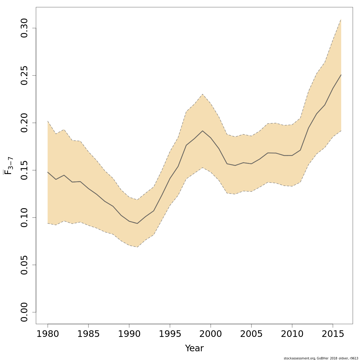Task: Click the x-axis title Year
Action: (194, 349)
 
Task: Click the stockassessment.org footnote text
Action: (321, 358)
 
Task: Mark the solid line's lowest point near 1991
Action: (137, 223)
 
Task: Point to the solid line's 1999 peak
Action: (202, 131)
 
